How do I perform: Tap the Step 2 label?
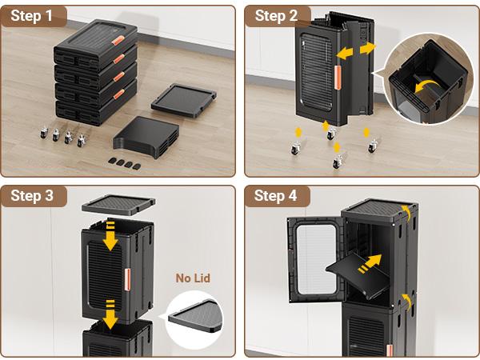(x=276, y=15)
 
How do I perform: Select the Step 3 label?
(x=32, y=196)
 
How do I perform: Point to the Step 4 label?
(x=276, y=196)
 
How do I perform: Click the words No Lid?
(x=194, y=278)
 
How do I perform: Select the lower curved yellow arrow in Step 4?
(x=407, y=300)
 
